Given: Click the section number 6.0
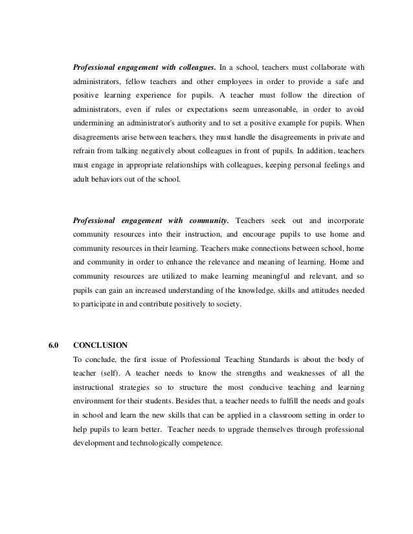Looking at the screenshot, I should [54, 345].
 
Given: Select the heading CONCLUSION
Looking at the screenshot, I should [100, 345].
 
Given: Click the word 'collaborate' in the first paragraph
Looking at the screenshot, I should [327, 67].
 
